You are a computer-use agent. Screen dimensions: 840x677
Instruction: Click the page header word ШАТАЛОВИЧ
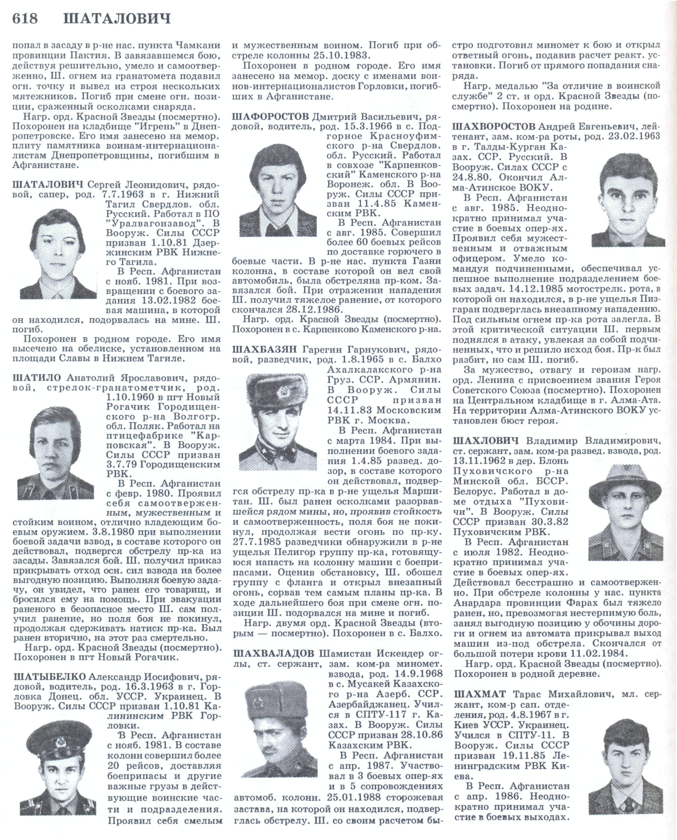[x=117, y=19]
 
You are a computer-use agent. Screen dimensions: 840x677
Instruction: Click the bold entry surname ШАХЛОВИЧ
[x=485, y=441]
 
